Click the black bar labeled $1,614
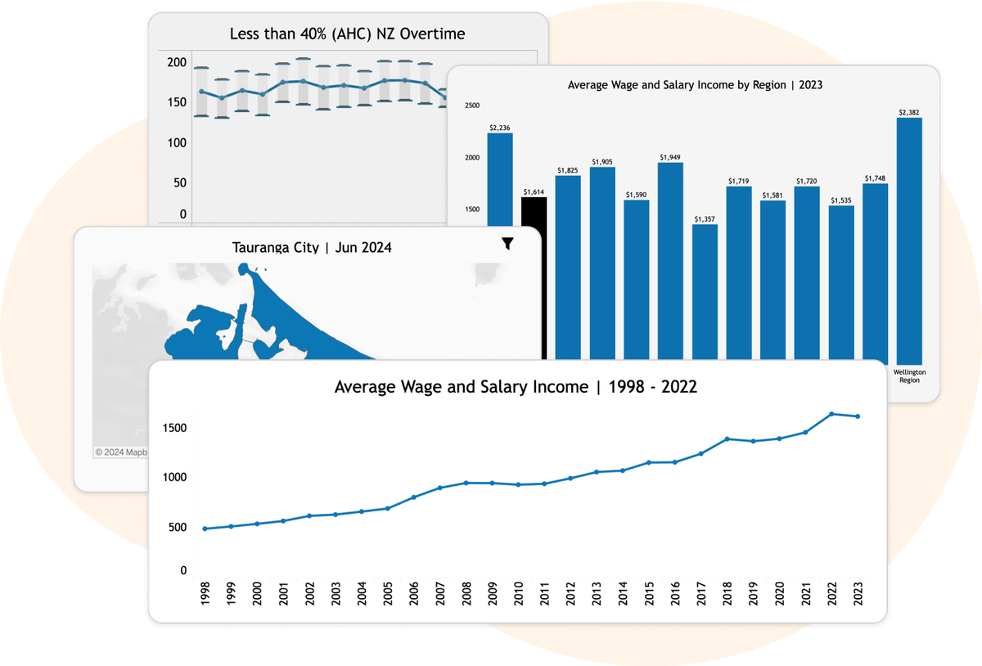[x=534, y=213]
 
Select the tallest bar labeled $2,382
[x=909, y=237]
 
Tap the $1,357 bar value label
[x=705, y=219]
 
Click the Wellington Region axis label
[x=909, y=375]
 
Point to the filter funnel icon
[x=507, y=244]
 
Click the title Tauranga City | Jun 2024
[x=312, y=247]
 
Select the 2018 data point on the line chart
[x=727, y=439]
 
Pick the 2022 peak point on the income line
[x=831, y=414]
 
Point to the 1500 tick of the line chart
[x=174, y=429]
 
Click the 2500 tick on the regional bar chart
[x=472, y=106]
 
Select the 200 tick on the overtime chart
[x=177, y=63]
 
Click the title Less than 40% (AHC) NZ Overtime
[x=348, y=34]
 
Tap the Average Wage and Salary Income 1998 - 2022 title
[x=516, y=387]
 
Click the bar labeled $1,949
[x=671, y=254]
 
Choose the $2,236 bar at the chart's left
[x=500, y=180]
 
